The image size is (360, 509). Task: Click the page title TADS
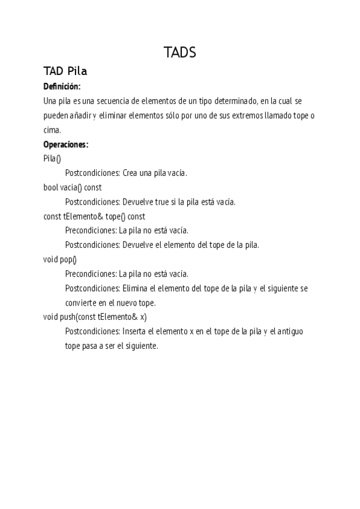pos(180,53)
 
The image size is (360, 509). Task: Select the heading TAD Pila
pos(65,71)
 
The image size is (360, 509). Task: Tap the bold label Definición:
pos(62,86)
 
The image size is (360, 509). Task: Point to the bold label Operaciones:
pos(66,144)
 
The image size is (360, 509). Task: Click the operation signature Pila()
pos(52,158)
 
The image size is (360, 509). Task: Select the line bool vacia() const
pos(73,187)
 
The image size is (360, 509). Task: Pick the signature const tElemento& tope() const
pos(94,216)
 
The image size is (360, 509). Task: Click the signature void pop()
pos(60,259)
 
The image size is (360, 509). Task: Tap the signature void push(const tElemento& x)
pos(95,317)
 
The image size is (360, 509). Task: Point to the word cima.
pos(52,130)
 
